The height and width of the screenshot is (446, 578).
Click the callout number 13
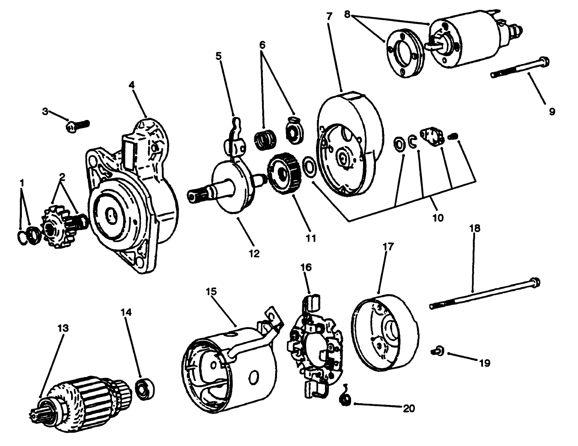pyautogui.click(x=63, y=328)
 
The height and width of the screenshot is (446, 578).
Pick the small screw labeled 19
pyautogui.click(x=437, y=352)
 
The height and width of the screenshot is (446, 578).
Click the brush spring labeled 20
pyautogui.click(x=345, y=400)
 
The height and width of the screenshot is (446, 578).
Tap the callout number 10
pyautogui.click(x=438, y=217)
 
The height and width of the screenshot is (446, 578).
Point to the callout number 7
pyautogui.click(x=329, y=17)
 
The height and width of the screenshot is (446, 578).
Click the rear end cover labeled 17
pyautogui.click(x=383, y=332)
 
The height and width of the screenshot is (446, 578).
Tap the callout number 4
pyautogui.click(x=131, y=85)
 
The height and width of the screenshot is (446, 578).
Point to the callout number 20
pyautogui.click(x=409, y=408)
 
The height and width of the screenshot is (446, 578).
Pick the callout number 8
pyautogui.click(x=348, y=14)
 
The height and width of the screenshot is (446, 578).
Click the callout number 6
pyautogui.click(x=262, y=44)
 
